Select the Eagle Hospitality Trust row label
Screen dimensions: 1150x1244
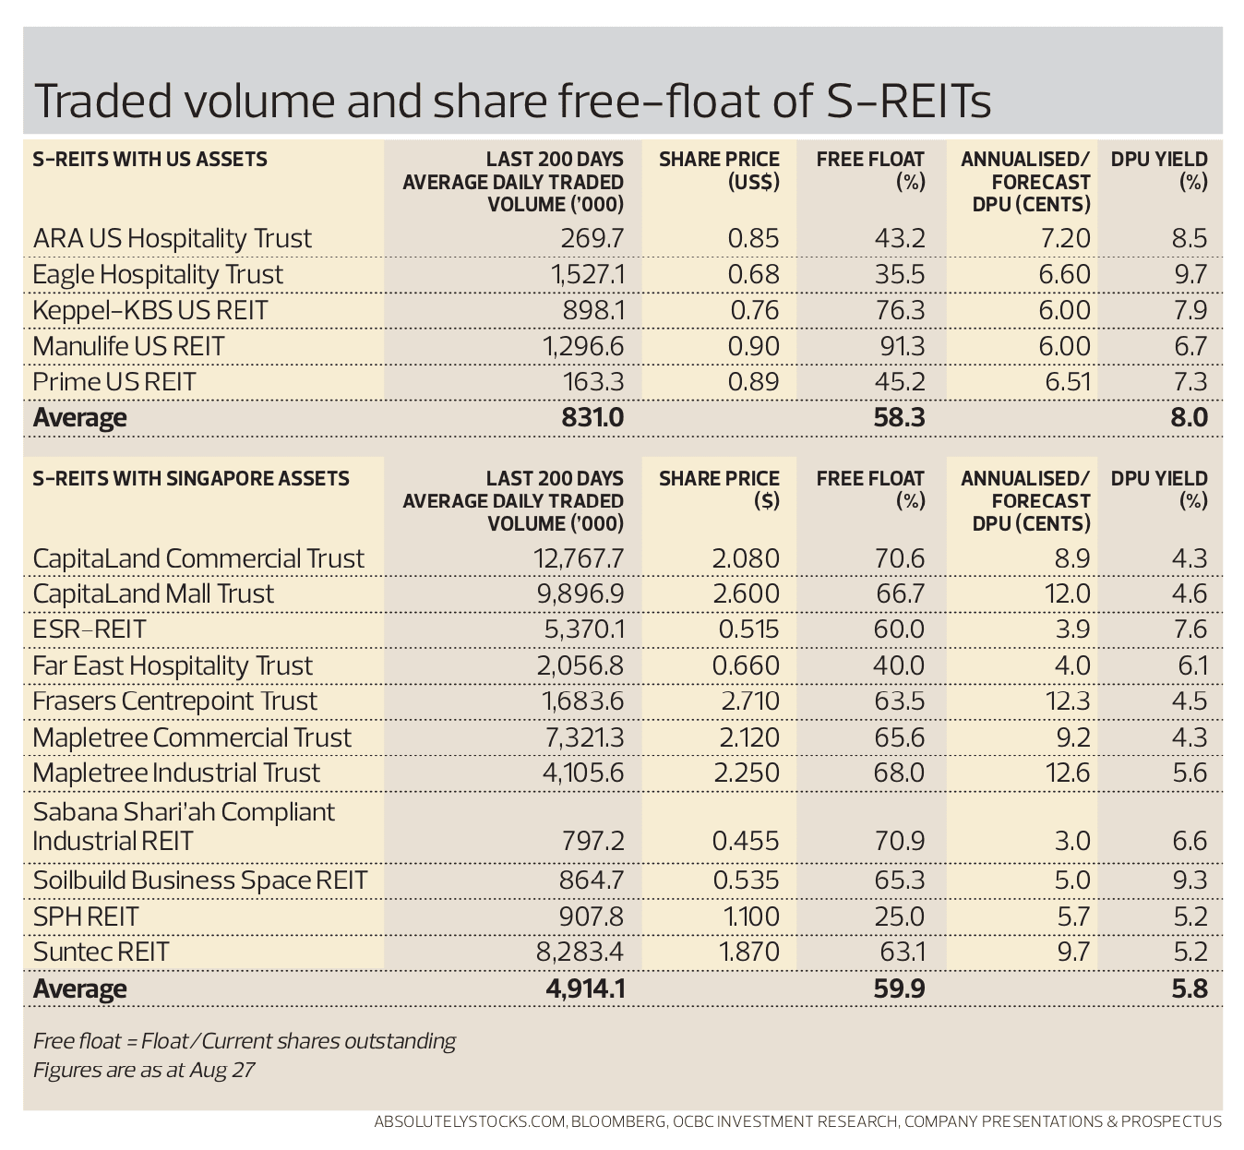click(158, 274)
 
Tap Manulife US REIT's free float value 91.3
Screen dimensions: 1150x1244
click(899, 346)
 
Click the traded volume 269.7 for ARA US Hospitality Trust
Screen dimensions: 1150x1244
click(592, 238)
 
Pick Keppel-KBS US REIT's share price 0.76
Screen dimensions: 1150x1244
click(754, 310)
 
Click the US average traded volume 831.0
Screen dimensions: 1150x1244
click(592, 417)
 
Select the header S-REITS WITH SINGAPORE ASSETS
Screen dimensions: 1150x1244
click(191, 478)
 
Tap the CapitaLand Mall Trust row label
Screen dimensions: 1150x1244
click(153, 593)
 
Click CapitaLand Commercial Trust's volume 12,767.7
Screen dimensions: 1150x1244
click(579, 558)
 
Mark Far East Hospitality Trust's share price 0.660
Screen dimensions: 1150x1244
click(747, 665)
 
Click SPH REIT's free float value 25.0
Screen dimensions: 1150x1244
click(899, 916)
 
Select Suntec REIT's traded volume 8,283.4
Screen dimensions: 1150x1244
click(580, 952)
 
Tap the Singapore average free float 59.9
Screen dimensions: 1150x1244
click(899, 989)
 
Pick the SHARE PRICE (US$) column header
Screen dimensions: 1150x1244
click(719, 170)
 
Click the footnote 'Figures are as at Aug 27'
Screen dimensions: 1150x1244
click(144, 1071)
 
